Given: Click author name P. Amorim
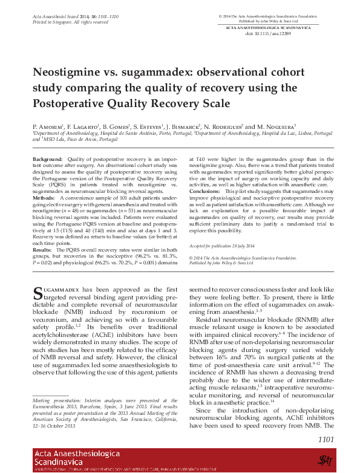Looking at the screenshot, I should point(48,126).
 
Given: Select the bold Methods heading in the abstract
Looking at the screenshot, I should point(43,198).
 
